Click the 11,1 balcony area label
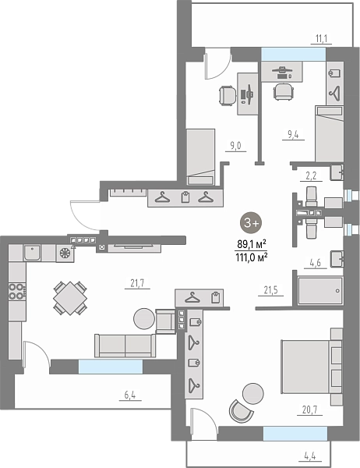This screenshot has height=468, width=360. click(321, 39)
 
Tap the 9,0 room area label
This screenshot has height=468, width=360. click(235, 146)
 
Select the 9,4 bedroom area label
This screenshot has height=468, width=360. click(293, 134)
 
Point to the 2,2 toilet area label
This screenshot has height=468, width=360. click(311, 175)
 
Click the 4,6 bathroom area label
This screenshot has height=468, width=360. click(316, 263)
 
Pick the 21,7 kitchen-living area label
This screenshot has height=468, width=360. click(137, 283)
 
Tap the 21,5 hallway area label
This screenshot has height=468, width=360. click(271, 290)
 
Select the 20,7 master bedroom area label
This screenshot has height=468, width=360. click(309, 409)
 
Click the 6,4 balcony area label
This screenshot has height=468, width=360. click(130, 395)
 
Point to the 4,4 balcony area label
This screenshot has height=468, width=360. click(310, 456)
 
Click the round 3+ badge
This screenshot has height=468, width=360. click(251, 222)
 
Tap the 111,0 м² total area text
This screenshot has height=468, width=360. click(251, 257)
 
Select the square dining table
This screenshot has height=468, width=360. click(70, 298)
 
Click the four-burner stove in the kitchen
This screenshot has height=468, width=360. click(16, 291)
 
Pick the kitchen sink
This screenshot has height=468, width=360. click(32, 253)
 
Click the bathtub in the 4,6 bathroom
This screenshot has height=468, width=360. click(320, 291)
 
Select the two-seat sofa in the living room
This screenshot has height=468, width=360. click(125, 346)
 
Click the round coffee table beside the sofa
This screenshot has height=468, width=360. click(144, 319)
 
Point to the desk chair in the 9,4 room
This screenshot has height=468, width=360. click(284, 91)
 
